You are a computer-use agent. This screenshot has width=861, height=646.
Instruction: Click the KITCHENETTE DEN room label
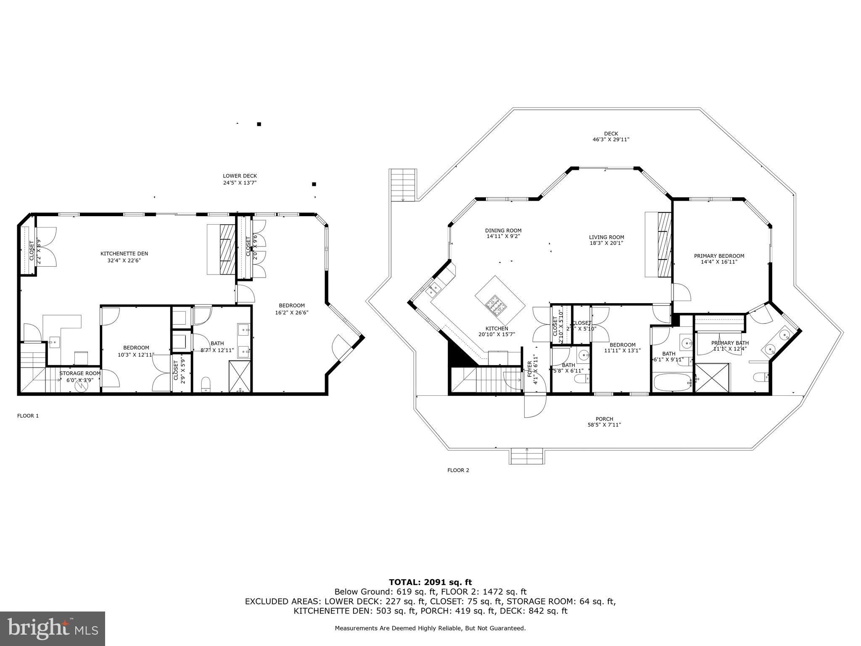[x=124, y=254]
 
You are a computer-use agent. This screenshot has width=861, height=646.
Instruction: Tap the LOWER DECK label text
[x=240, y=176]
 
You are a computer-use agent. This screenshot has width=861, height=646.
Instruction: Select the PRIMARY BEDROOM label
[x=719, y=256]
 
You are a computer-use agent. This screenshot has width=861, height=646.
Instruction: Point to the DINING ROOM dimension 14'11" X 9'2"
[x=503, y=236]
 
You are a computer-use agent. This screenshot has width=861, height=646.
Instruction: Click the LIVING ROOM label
[x=606, y=237]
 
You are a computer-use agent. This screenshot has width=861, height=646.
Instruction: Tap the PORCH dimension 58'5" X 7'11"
[x=604, y=425]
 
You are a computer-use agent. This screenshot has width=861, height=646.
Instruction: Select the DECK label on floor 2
[x=611, y=134]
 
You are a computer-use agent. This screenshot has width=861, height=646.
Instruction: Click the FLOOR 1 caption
[x=28, y=416]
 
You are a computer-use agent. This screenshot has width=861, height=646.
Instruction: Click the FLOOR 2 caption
[x=458, y=470]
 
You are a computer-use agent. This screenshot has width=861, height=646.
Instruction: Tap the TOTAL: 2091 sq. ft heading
[x=430, y=582]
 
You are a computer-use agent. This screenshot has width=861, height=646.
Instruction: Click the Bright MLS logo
[x=53, y=628]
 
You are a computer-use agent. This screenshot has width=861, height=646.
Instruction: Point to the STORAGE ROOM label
[x=80, y=373]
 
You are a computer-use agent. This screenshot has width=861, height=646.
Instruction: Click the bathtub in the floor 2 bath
[x=672, y=382]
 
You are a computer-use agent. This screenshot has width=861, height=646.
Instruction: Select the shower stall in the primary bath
[x=712, y=379]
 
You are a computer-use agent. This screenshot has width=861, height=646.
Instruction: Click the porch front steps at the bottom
[x=527, y=456]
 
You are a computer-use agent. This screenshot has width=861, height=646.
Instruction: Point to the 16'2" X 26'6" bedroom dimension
[x=292, y=312]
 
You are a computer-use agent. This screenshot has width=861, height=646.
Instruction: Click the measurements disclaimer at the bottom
[x=430, y=628]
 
